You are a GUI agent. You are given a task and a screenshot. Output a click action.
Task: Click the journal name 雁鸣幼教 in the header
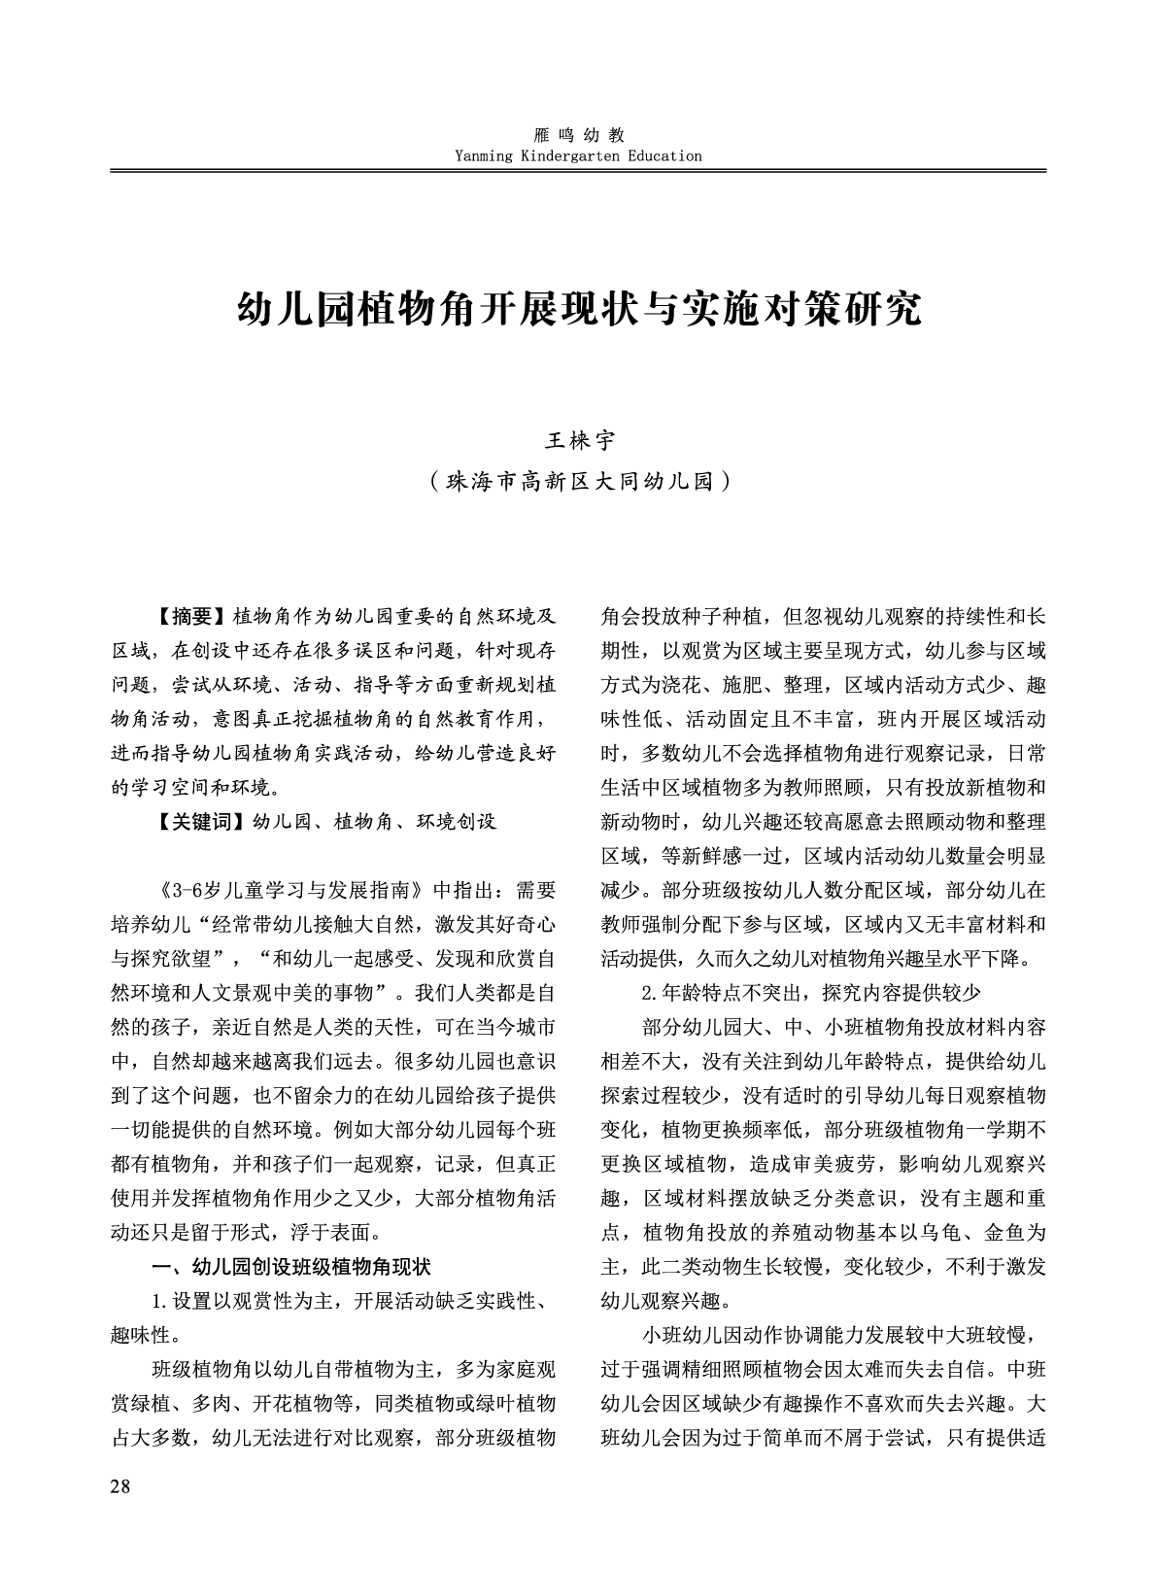579,136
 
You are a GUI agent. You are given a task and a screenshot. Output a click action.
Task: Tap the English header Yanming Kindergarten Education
578,155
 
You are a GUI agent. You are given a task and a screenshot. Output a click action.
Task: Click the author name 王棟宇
579,441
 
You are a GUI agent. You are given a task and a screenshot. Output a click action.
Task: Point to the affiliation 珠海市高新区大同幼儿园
579,480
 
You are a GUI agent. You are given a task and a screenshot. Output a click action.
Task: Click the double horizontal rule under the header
579,171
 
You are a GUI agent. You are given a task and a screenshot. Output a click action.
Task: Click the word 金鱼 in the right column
1005,1233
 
